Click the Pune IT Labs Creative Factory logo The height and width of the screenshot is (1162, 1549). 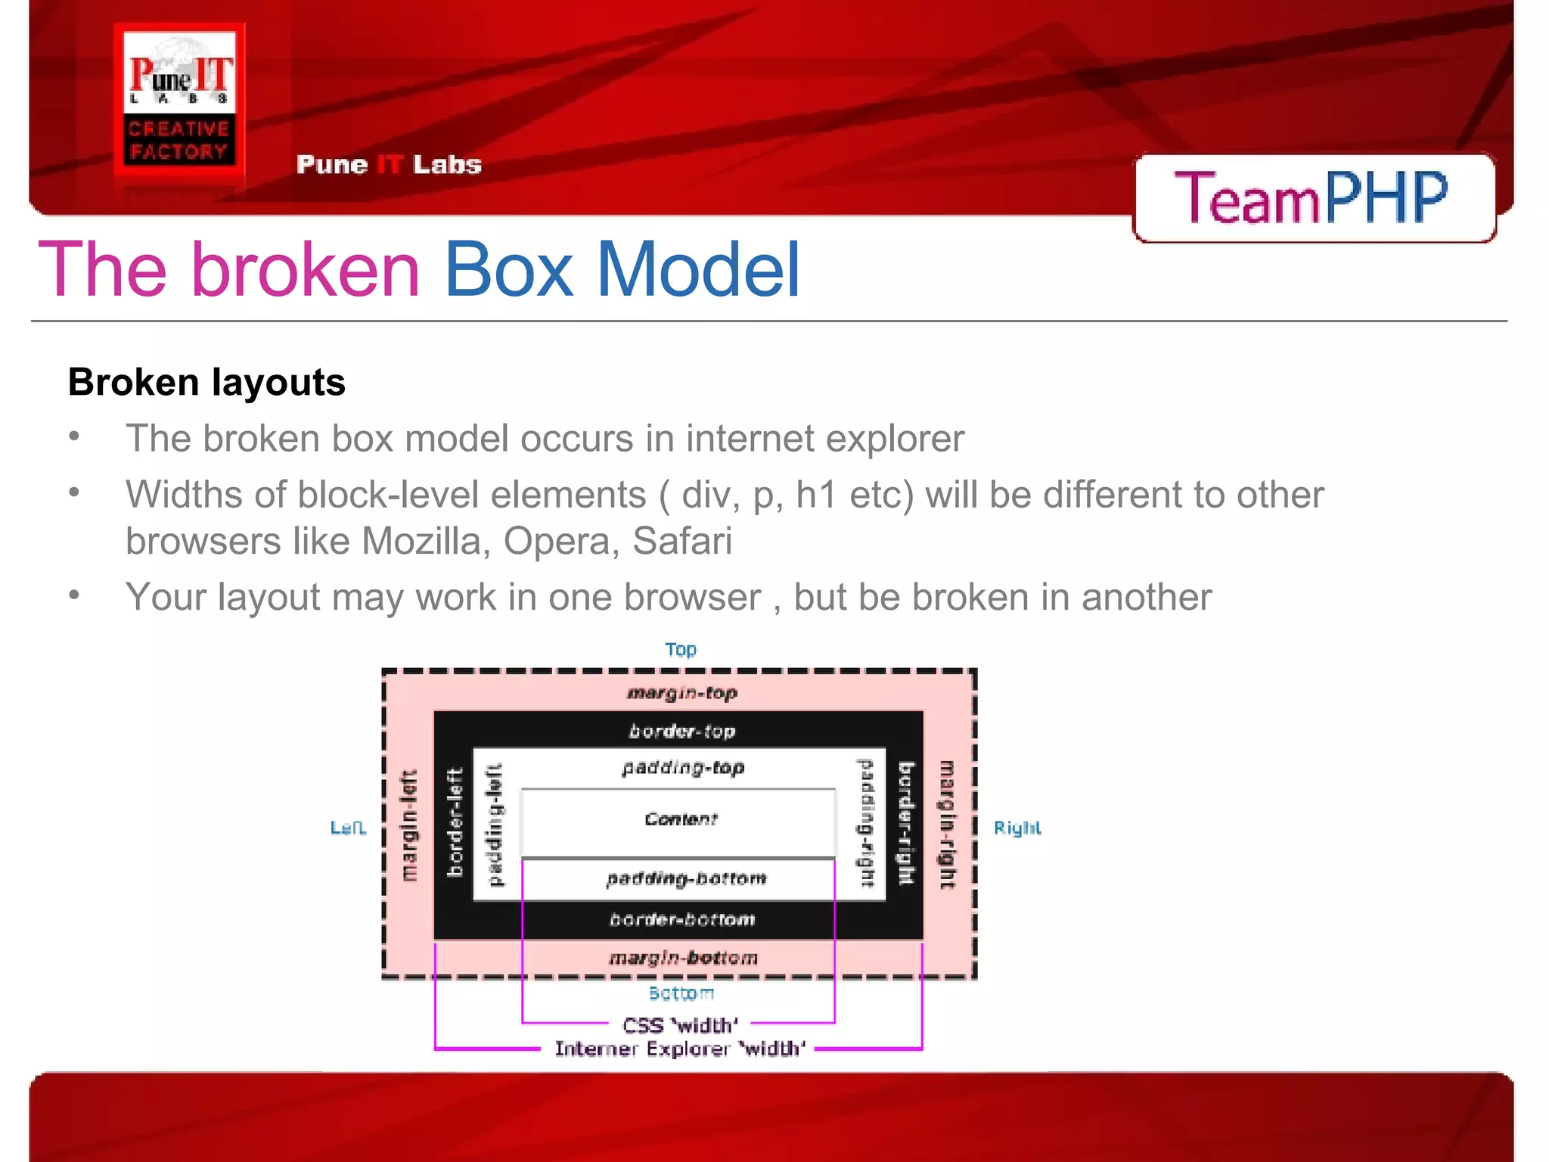click(x=179, y=102)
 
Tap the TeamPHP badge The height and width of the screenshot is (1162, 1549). click(x=1313, y=198)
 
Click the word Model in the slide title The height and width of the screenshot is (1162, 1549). click(x=697, y=269)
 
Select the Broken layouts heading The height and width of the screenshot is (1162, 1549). click(x=206, y=382)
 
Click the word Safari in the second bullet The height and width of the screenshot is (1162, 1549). click(x=681, y=542)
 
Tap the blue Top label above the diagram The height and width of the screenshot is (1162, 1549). click(x=681, y=650)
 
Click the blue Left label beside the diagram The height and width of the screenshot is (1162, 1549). click(x=348, y=828)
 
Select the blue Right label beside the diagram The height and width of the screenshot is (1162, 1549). click(x=1017, y=828)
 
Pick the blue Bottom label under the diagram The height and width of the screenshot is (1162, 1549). click(x=681, y=993)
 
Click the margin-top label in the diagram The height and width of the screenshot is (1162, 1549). click(x=682, y=693)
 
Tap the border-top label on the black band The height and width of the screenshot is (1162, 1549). click(x=682, y=732)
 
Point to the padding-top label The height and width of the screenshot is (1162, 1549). click(x=683, y=768)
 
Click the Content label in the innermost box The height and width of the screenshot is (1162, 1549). click(x=681, y=819)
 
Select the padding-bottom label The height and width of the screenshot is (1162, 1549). click(x=686, y=879)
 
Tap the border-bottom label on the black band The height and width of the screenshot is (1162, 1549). click(x=682, y=920)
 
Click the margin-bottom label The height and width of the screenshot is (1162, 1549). click(x=683, y=958)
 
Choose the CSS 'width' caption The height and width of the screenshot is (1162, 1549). click(x=680, y=1026)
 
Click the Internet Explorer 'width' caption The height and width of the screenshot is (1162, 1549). click(x=680, y=1049)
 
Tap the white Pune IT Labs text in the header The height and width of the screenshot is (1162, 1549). click(x=389, y=165)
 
